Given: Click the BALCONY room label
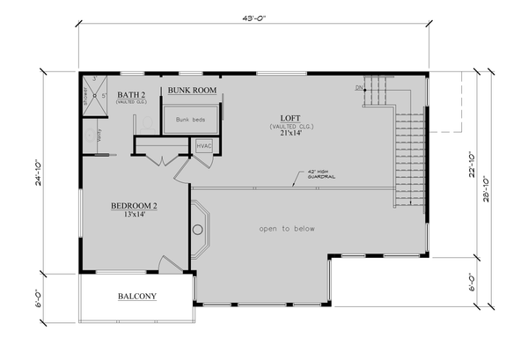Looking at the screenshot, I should pyautogui.click(x=136, y=297).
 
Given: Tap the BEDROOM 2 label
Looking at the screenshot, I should pyautogui.click(x=134, y=206).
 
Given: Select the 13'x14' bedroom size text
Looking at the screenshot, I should pyautogui.click(x=134, y=216).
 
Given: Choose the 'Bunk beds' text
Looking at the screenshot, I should pyautogui.click(x=190, y=120).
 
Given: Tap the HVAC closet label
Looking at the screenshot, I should pyautogui.click(x=204, y=145).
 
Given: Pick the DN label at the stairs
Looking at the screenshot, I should pyautogui.click(x=359, y=86).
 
